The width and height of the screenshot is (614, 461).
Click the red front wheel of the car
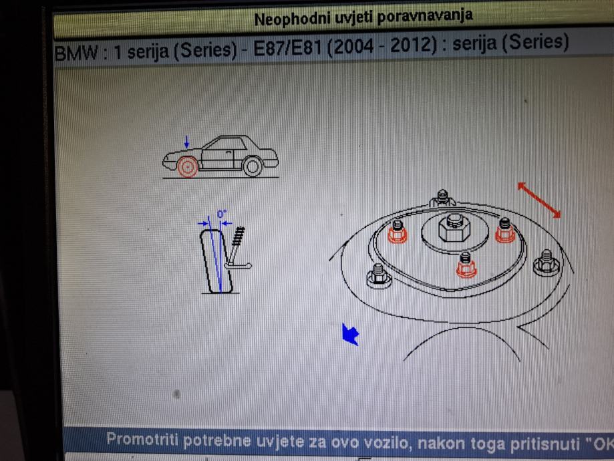pos(188,167)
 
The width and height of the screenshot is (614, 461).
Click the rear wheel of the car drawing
pos(253,166)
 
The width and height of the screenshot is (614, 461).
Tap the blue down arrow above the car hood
pos(187,142)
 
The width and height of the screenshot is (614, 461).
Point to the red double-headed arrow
pos(539,200)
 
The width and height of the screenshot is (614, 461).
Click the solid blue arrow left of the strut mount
pos(350,335)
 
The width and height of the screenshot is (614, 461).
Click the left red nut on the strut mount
pos(398,233)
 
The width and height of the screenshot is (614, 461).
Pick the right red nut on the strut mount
pos(504,230)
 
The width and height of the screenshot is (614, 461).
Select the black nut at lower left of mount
pos(379,276)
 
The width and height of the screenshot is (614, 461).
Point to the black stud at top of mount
pos(442,198)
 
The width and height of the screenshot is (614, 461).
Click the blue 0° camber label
pos(222,214)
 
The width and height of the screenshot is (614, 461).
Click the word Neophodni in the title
pos(293,19)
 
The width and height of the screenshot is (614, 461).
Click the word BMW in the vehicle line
pos(76,53)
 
